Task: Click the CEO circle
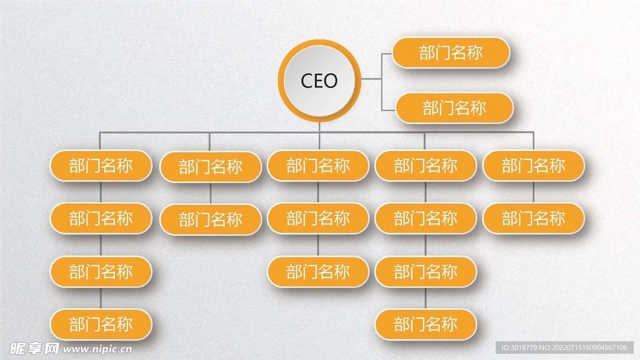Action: [x=319, y=81]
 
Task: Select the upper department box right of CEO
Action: [x=451, y=53]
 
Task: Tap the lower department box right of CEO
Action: [x=454, y=108]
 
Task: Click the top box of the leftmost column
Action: [x=101, y=166]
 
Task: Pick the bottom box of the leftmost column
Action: [x=101, y=324]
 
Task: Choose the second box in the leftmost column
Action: [x=101, y=219]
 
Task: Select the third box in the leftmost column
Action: [x=101, y=272]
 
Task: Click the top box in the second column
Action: [x=210, y=167]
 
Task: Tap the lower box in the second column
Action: [x=210, y=219]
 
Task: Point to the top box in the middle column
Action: [x=318, y=166]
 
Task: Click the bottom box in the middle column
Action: [x=318, y=272]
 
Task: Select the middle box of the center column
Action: [x=318, y=219]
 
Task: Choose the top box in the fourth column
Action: [x=426, y=166]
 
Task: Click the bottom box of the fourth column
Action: [x=426, y=325]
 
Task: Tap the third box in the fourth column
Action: [x=426, y=272]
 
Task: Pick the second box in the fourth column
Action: [x=426, y=219]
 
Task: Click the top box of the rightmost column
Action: [x=533, y=166]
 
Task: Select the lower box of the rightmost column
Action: [x=533, y=219]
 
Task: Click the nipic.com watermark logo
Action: [x=69, y=348]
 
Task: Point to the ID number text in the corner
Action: [x=565, y=348]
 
